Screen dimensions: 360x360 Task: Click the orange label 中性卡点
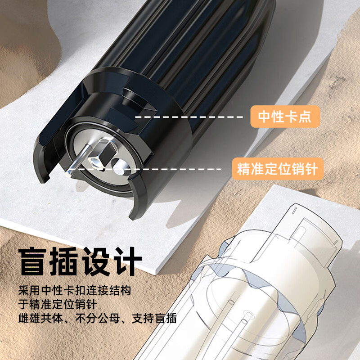(285, 117)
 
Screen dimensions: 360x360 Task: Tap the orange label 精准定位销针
(278, 169)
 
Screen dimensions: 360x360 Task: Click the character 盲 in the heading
(32, 261)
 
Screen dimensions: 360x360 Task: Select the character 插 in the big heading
(63, 261)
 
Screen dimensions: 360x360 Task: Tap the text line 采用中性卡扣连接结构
(75, 290)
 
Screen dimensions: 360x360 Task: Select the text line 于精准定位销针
(58, 305)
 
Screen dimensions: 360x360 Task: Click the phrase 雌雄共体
(40, 319)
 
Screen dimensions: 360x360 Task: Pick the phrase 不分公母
(98, 319)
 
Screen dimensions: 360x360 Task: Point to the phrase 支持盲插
(154, 319)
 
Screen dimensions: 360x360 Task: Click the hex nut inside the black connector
(95, 162)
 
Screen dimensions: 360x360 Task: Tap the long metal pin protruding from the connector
(78, 159)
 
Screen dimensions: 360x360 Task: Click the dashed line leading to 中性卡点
(189, 117)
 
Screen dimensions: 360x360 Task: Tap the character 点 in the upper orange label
(305, 117)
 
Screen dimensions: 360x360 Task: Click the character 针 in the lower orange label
(311, 169)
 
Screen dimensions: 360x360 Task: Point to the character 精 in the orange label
(244, 169)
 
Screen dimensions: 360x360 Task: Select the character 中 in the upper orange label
(265, 117)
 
